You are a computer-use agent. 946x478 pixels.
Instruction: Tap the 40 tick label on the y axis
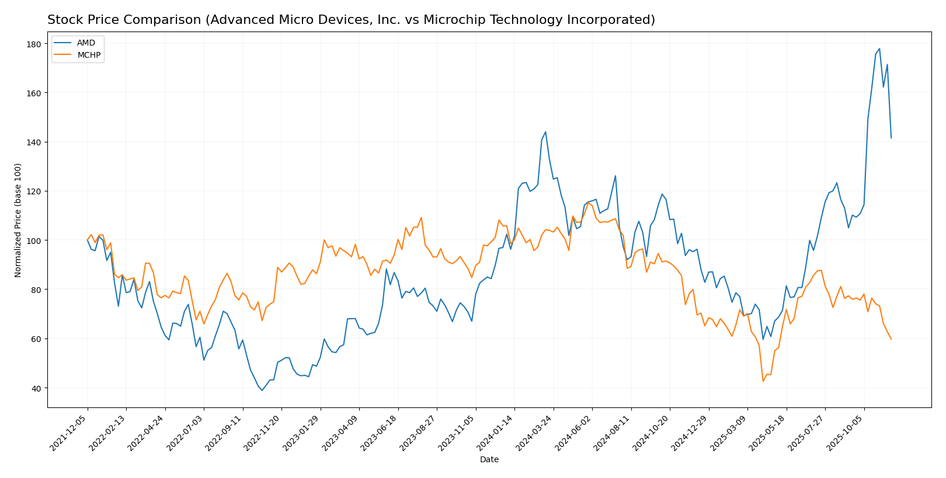coord(36,388)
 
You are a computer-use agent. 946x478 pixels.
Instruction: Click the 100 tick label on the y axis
coord(33,240)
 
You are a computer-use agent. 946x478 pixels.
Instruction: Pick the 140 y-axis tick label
coord(33,142)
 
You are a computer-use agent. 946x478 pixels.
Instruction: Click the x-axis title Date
coord(489,460)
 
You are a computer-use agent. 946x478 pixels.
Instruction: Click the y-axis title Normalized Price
coord(18,220)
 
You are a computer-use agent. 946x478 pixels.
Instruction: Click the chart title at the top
coord(351,20)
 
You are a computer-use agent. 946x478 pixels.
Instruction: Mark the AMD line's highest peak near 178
coord(879,49)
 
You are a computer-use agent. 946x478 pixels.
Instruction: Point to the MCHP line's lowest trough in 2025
coord(763,382)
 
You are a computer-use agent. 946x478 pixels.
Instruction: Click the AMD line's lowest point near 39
coord(262,390)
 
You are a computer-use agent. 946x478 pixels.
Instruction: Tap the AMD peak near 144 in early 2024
coord(545,132)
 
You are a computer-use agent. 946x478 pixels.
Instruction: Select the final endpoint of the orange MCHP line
coord(891,339)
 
